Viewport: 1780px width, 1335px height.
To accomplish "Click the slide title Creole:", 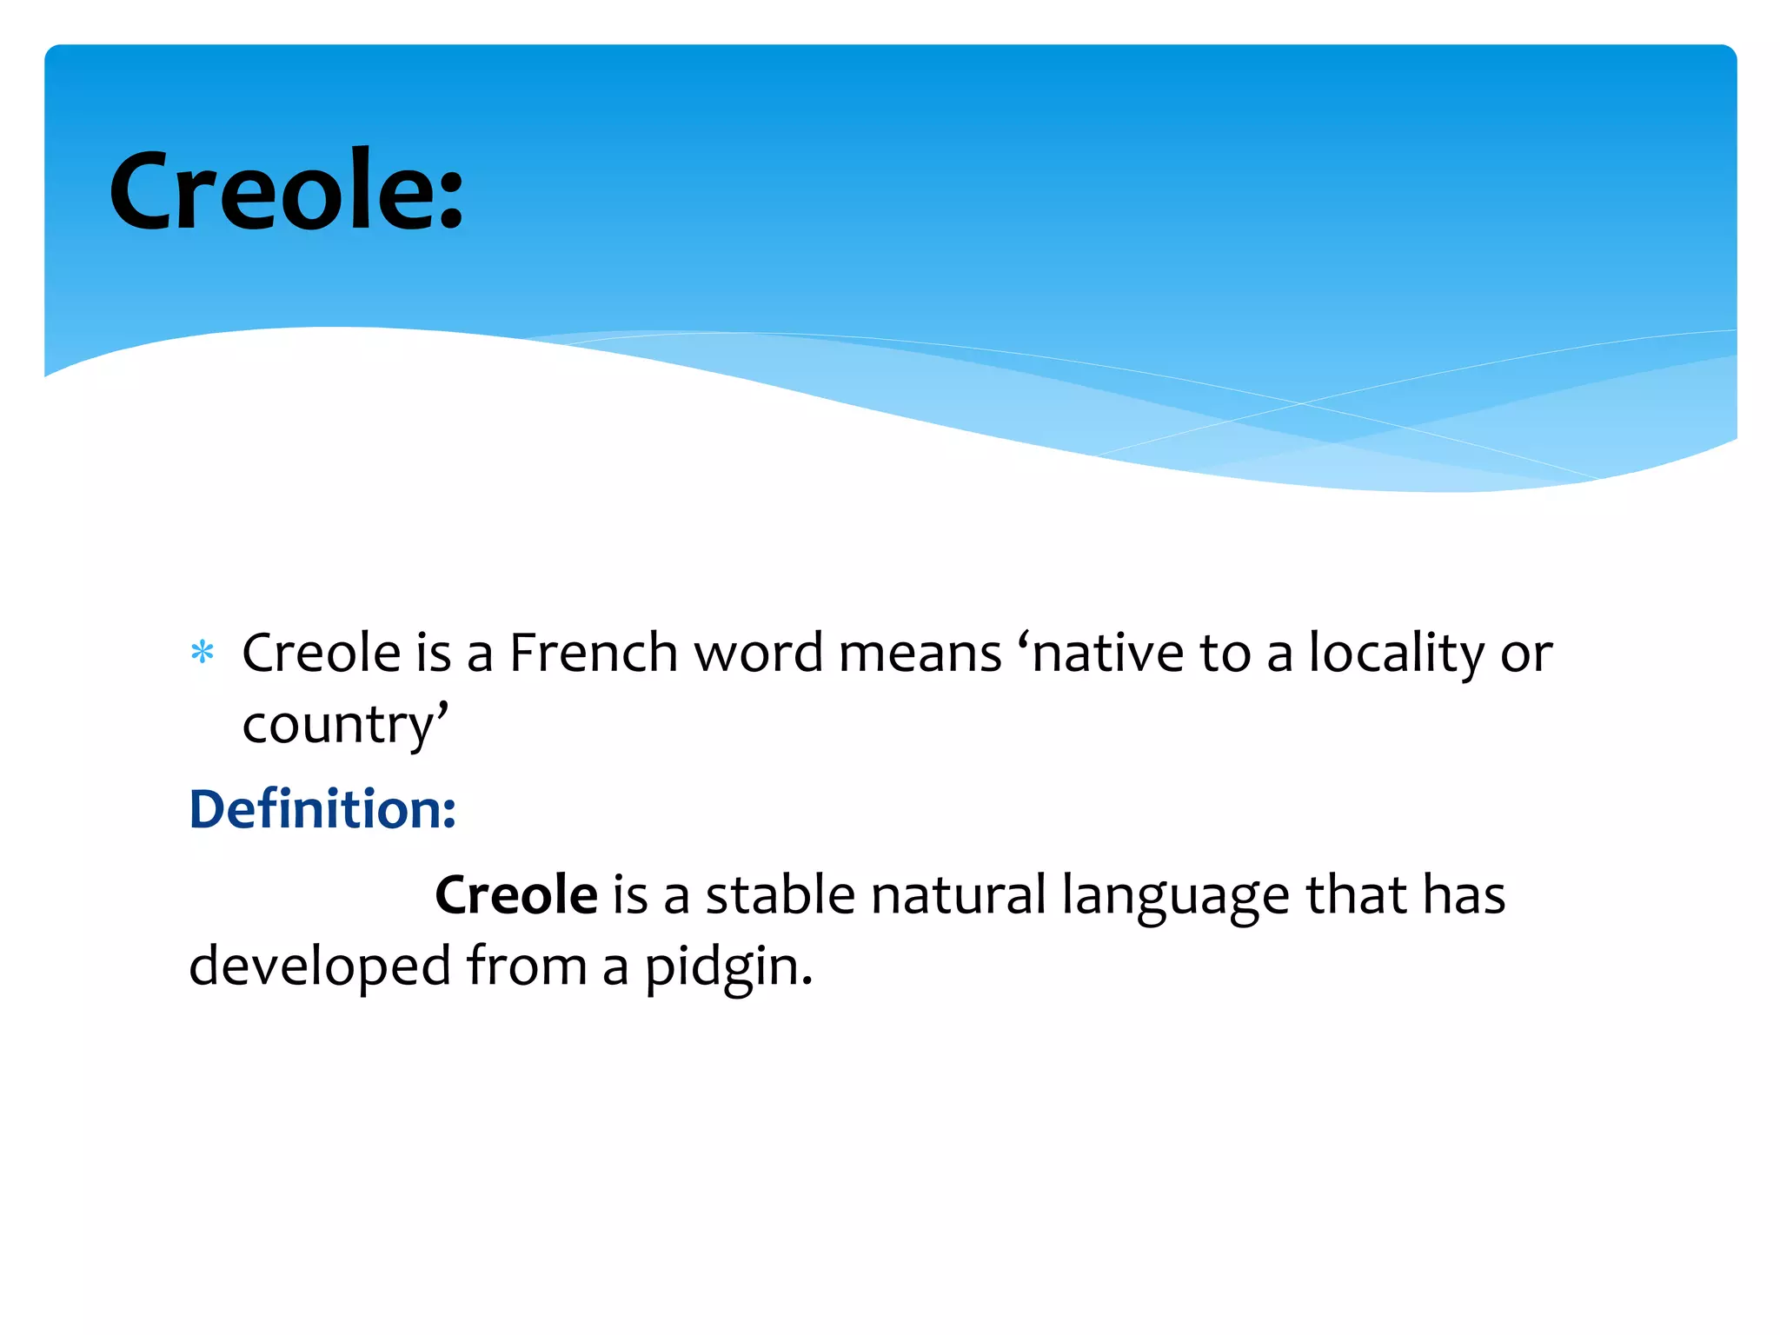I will (x=286, y=191).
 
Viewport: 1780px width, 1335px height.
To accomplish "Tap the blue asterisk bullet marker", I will (x=202, y=652).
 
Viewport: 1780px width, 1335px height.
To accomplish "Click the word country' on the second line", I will (x=345, y=724).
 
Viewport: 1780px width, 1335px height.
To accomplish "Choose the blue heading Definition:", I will (x=322, y=809).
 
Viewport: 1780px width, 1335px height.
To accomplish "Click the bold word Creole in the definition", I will (x=516, y=894).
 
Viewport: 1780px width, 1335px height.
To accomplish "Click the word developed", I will (x=320, y=966).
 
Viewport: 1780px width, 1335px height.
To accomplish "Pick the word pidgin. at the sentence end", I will (x=727, y=967).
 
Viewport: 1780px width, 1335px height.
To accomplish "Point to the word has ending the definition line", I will (x=1464, y=894).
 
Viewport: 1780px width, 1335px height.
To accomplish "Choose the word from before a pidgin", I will (x=527, y=966).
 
